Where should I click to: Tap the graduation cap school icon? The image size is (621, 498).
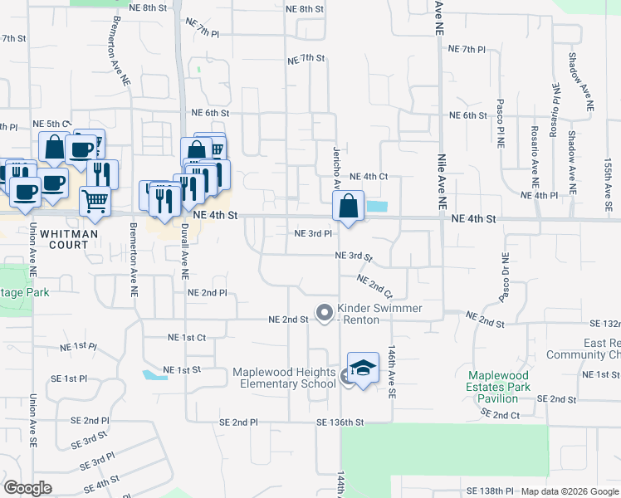(x=363, y=368)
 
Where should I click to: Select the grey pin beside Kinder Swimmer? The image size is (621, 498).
(x=324, y=313)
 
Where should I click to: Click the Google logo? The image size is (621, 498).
(x=28, y=487)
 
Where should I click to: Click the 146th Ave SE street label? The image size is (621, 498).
(x=391, y=372)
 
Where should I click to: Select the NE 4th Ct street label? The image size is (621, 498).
(x=369, y=177)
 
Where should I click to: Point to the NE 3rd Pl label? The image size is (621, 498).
(x=313, y=234)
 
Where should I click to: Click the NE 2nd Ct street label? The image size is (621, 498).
(x=374, y=286)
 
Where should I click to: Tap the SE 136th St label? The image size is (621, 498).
(x=340, y=422)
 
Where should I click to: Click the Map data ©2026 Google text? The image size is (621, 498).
(x=569, y=491)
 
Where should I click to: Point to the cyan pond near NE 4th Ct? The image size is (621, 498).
(x=375, y=206)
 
